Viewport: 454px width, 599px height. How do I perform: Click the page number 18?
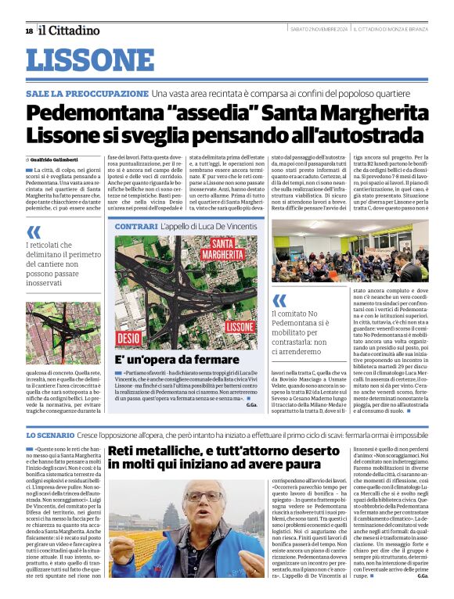pos(28,30)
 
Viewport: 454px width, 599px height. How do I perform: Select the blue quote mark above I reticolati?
pos(33,232)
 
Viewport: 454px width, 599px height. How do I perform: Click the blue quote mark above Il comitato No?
pos(279,300)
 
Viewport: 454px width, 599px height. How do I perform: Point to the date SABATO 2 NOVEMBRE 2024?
pos(317,30)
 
